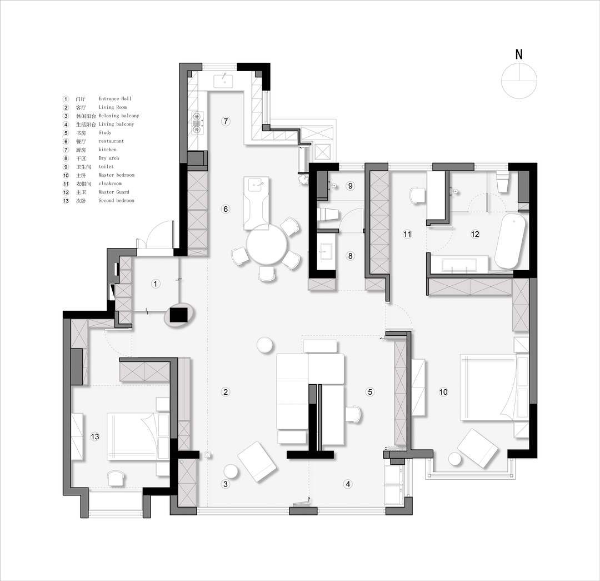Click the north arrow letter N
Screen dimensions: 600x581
pos(519,54)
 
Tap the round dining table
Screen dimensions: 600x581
pos(266,245)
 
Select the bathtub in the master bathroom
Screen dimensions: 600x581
pos(511,241)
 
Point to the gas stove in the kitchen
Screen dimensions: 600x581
pos(197,122)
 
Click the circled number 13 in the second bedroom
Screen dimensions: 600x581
pos(95,436)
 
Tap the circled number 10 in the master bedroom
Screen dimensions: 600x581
pos(443,392)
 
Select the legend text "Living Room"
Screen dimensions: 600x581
pos(112,107)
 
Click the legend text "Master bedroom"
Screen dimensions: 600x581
pos(116,175)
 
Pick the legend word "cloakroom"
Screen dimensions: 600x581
pos(110,183)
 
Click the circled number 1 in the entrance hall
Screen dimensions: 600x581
pos(155,284)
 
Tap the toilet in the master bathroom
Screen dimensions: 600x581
pos(502,182)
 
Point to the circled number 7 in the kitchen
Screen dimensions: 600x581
pos(226,121)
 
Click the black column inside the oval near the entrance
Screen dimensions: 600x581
pos(178,315)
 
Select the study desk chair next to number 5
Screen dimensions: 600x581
pos(353,414)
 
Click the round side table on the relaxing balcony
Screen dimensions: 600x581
pos(232,471)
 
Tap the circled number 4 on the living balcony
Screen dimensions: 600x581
pos(348,484)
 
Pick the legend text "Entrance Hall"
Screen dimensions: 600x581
pos(115,99)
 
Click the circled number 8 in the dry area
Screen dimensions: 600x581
pos(350,256)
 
